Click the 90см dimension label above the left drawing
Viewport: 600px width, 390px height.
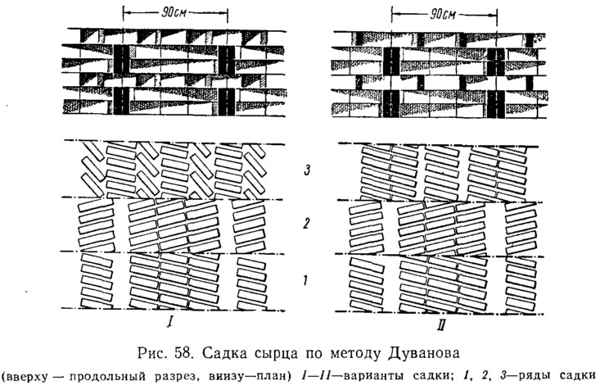174,12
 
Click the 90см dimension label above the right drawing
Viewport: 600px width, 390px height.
443,14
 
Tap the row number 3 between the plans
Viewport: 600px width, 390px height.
306,170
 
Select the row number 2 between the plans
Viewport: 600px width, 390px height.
306,223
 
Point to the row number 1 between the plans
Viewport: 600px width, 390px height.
305,281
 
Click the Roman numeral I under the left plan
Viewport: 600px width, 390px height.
169,323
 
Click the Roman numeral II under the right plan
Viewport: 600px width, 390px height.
440,325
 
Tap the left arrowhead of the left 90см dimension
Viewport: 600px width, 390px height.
126,13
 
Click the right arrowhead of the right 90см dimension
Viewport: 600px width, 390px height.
494,15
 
